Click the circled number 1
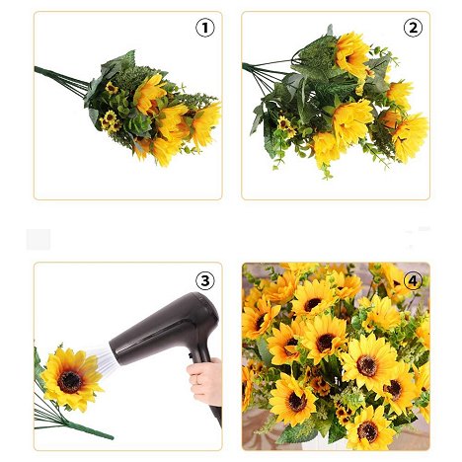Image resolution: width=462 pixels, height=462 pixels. pyautogui.click(x=205, y=28)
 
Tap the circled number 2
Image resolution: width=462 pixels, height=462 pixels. pyautogui.click(x=413, y=28)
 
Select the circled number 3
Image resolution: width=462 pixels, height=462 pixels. pyautogui.click(x=205, y=280)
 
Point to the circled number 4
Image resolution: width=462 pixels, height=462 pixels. pyautogui.click(x=413, y=280)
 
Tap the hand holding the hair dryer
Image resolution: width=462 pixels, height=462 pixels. pyautogui.click(x=204, y=382)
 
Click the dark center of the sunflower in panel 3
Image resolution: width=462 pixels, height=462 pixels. pyautogui.click(x=70, y=382)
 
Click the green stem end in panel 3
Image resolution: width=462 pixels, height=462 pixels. pyautogui.click(x=111, y=437)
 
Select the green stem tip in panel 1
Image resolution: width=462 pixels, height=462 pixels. pyautogui.click(x=37, y=68)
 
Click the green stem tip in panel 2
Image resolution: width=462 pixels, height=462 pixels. pyautogui.click(x=244, y=66)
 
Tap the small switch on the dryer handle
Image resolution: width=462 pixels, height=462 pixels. pyautogui.click(x=190, y=355)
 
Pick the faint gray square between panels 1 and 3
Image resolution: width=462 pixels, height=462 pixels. pyautogui.click(x=38, y=239)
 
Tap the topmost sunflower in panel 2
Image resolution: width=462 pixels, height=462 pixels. pyautogui.click(x=351, y=55)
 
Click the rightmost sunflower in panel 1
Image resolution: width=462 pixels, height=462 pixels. pyautogui.click(x=205, y=124)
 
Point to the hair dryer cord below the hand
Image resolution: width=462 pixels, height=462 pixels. pyautogui.click(x=216, y=416)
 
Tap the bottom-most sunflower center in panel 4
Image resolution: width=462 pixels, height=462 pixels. pyautogui.click(x=367, y=431)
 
